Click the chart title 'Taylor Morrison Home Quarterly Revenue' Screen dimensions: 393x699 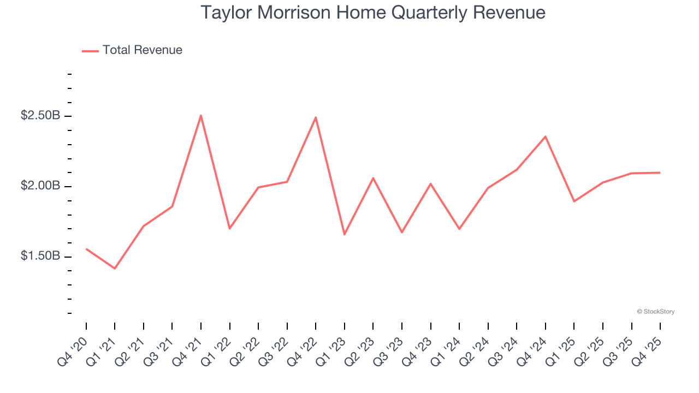pos(373,13)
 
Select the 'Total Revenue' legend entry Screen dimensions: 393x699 pos(142,50)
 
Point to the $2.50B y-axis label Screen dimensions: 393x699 pos(41,116)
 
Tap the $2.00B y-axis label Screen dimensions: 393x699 pos(41,186)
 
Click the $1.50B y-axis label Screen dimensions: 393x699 pos(41,256)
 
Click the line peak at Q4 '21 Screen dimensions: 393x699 pos(201,115)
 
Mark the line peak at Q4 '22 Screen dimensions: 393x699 pos(316,117)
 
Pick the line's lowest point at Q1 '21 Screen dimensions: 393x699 pos(115,269)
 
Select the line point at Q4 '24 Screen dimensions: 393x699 pos(546,136)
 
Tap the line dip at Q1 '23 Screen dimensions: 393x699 pos(345,235)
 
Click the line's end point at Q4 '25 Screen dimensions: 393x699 pos(660,172)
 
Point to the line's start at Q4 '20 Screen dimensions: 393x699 pos(86,249)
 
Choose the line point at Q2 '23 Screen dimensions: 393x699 pos(373,178)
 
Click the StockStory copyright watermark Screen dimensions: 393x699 pos(655,312)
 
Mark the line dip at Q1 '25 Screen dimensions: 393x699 pos(574,201)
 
